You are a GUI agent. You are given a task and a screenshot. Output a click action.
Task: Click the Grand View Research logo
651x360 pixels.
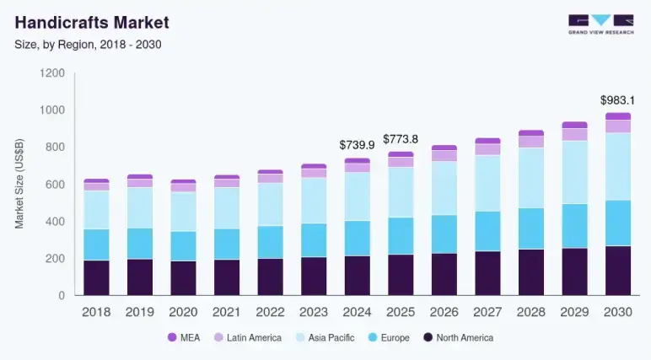pyautogui.click(x=600, y=24)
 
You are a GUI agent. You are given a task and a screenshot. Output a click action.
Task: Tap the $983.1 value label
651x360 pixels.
pyautogui.click(x=617, y=99)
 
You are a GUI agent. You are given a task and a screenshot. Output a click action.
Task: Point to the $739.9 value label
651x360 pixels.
pyautogui.click(x=357, y=145)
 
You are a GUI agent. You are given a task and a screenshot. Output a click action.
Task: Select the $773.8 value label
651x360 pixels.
pyautogui.click(x=401, y=139)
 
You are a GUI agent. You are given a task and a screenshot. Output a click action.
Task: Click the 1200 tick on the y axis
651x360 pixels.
pyautogui.click(x=52, y=73)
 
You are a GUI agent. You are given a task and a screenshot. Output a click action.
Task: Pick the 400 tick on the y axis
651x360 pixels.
pyautogui.click(x=55, y=222)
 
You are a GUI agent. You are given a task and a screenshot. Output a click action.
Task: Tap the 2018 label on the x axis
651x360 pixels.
pyautogui.click(x=96, y=312)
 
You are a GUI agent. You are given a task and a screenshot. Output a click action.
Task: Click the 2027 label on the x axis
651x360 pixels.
pyautogui.click(x=487, y=312)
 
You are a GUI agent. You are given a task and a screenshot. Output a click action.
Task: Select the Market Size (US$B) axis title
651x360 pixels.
pyautogui.click(x=19, y=185)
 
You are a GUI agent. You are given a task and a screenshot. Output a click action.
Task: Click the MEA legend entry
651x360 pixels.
pyautogui.click(x=188, y=337)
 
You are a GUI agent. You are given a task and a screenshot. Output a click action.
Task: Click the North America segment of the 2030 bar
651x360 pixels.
pyautogui.click(x=618, y=271)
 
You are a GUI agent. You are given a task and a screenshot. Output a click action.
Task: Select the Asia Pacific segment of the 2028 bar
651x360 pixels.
pyautogui.click(x=531, y=178)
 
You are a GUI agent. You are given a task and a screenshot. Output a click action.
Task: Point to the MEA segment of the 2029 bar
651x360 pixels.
pyautogui.click(x=575, y=125)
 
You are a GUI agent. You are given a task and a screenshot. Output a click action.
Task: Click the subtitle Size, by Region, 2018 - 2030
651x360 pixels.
pyautogui.click(x=88, y=44)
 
